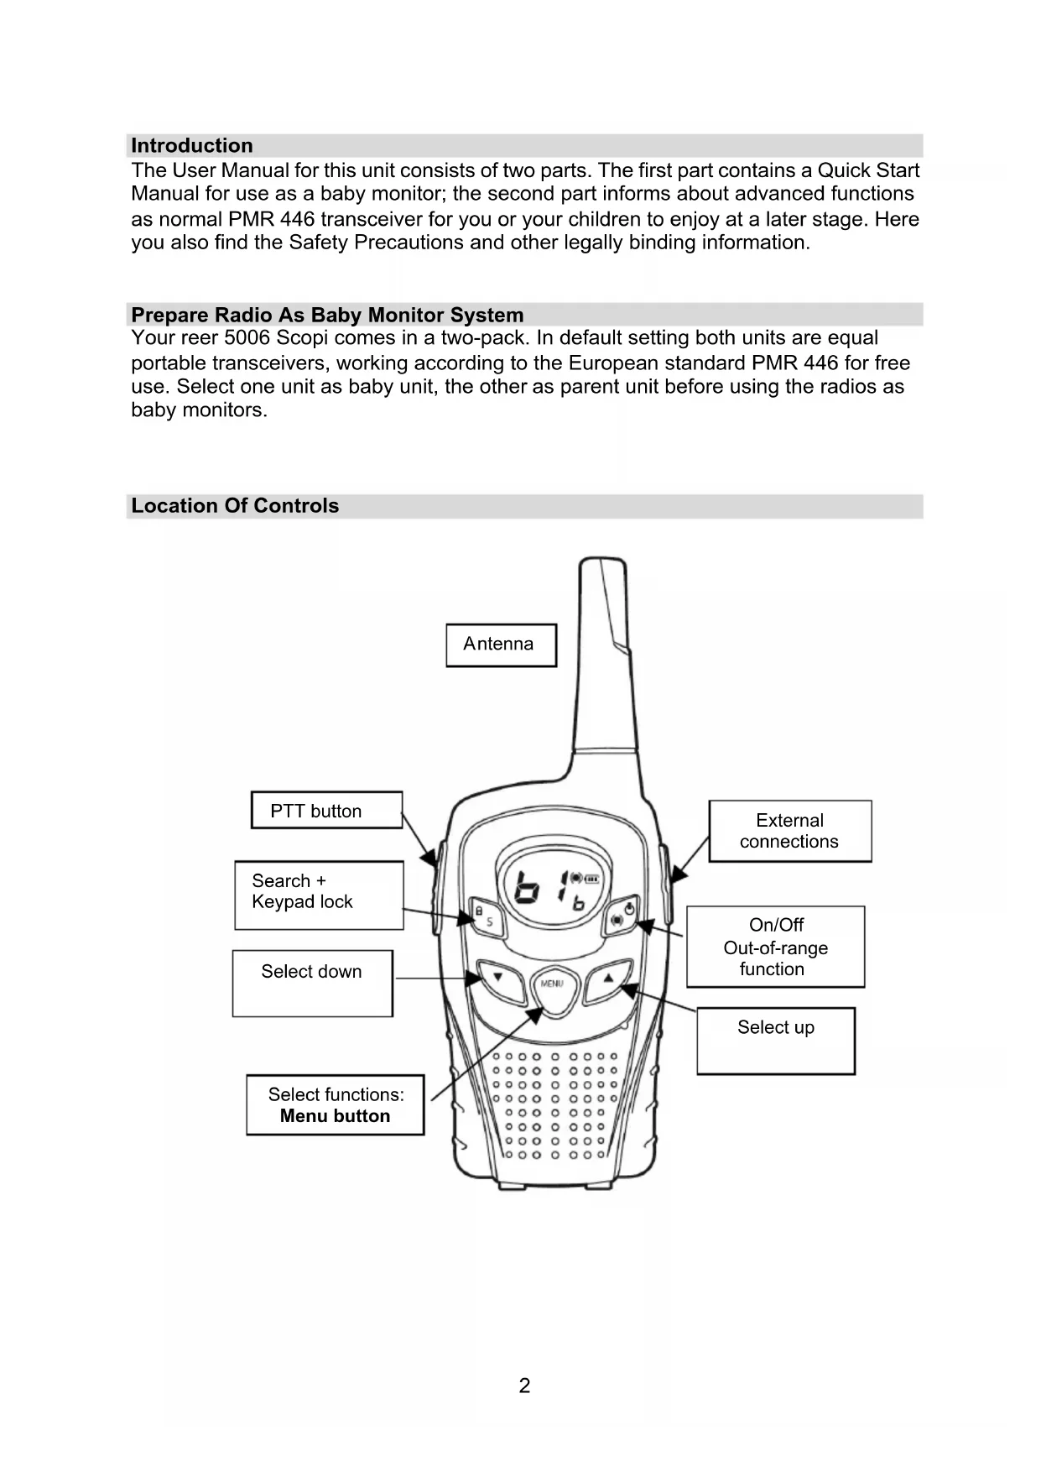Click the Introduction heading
(x=192, y=146)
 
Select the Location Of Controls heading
(x=235, y=506)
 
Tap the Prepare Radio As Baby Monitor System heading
(x=327, y=316)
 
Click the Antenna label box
(x=501, y=645)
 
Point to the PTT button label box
(x=326, y=811)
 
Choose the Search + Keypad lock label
(x=319, y=895)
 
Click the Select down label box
(x=312, y=982)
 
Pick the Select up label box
(x=776, y=1040)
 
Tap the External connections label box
(x=789, y=831)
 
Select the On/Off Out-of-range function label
(x=775, y=947)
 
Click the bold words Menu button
(x=335, y=1116)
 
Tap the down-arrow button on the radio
(x=501, y=979)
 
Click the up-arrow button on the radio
(x=606, y=979)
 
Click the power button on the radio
(x=622, y=916)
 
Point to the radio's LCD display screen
(x=554, y=887)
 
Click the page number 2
(x=524, y=1386)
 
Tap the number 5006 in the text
(x=247, y=338)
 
